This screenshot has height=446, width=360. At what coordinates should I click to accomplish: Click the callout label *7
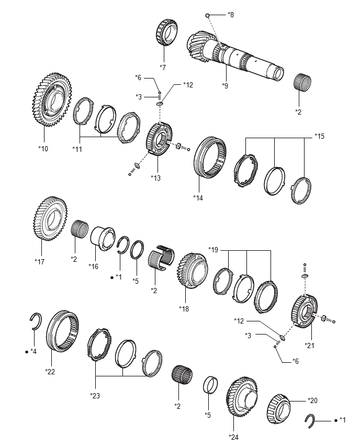coord(163,68)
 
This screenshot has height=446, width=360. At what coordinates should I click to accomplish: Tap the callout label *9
coord(225,85)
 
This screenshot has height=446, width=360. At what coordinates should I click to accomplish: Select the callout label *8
coord(231,15)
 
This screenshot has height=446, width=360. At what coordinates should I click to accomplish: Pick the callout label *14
coord(198,197)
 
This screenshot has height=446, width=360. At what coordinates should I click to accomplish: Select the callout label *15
coord(319,137)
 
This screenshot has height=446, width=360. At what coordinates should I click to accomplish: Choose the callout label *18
coord(184,308)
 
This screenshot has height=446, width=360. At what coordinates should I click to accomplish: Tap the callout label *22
coord(50,372)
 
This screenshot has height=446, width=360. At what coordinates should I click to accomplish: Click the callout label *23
coord(95,395)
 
